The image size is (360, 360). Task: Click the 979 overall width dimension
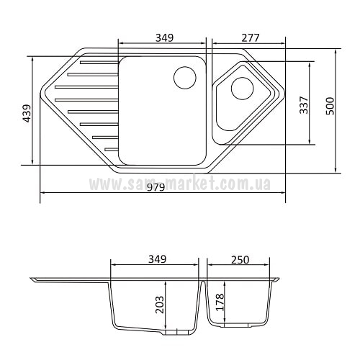156,187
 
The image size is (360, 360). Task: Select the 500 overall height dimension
330,106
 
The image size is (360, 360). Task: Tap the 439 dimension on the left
27,113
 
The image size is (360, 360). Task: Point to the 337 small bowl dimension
304,105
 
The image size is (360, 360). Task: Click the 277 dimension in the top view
251,38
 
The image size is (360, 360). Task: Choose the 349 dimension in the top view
165,38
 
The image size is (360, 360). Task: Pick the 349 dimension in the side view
157,259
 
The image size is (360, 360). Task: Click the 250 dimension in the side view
240,260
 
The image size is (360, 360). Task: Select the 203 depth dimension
160,305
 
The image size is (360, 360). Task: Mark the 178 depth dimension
220,302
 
